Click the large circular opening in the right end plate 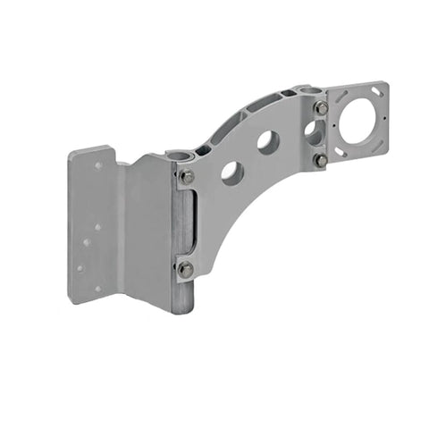coord(360,115)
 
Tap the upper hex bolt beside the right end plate coord(320,107)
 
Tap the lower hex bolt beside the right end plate coord(320,160)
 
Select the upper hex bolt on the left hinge coord(186,176)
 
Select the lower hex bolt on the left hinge coord(185,268)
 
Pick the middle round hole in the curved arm coord(267,140)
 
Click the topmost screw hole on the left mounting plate coord(99,165)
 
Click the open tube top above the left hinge coord(182,156)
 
